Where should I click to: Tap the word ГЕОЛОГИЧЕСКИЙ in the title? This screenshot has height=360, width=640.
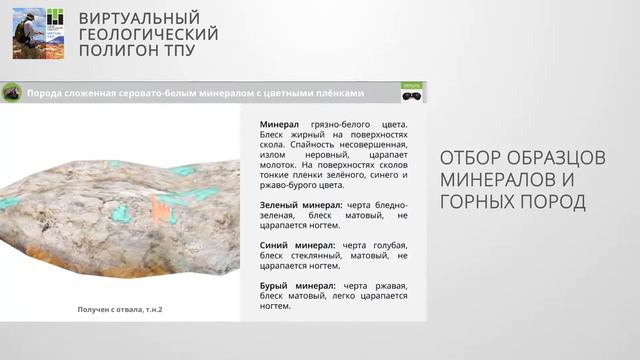(148, 34)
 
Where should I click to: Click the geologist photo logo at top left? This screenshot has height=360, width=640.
(37, 32)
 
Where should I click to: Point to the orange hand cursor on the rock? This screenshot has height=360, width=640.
(160, 208)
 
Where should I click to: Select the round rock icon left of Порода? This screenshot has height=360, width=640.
(13, 93)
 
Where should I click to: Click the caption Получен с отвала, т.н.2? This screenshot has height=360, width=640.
(120, 309)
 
